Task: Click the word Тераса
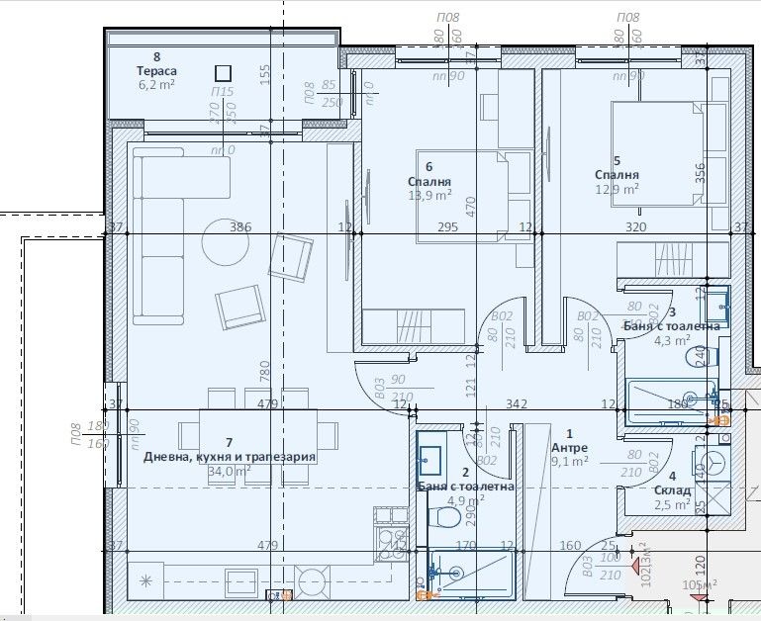pos(156,71)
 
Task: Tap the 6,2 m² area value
pos(155,86)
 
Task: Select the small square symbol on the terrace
pos(223,72)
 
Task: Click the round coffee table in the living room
pos(227,238)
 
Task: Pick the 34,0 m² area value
pos(229,471)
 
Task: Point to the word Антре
pos(569,447)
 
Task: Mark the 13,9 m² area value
pos(429,196)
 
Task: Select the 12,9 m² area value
pos(617,189)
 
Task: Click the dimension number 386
pos(240,227)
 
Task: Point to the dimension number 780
pos(265,371)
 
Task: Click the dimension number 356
pos(702,172)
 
